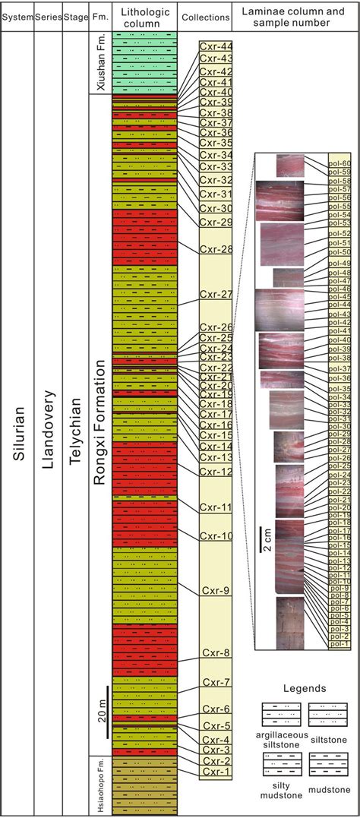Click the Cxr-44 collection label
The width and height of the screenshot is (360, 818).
click(216, 46)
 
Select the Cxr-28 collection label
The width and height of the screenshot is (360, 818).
click(216, 249)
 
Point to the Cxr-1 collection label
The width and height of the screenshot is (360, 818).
click(216, 772)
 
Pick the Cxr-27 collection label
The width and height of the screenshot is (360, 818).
click(216, 294)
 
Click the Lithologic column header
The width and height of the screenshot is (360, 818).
click(144, 17)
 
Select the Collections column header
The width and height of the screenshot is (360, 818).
click(204, 17)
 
